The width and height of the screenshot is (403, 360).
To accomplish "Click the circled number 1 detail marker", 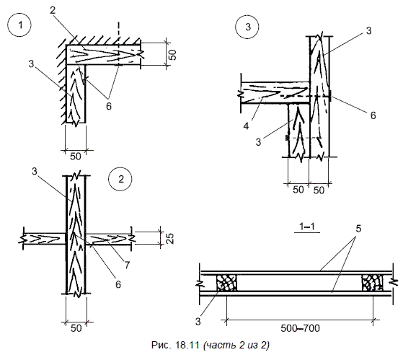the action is (x=19, y=25).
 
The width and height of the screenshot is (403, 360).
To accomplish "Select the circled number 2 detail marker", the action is (x=120, y=179).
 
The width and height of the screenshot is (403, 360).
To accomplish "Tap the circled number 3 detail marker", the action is (x=247, y=27).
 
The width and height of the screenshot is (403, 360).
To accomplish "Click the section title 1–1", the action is (x=307, y=227).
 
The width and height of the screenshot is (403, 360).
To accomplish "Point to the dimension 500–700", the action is (x=300, y=328).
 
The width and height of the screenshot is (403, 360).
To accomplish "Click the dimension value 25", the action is (x=170, y=238).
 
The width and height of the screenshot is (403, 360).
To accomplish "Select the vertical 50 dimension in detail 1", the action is (x=173, y=55).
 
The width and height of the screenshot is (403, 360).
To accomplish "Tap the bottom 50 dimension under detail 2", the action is (x=76, y=328).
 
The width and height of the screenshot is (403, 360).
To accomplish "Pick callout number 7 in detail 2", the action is (x=127, y=265).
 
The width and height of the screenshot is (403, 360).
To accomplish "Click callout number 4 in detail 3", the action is (x=246, y=126).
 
